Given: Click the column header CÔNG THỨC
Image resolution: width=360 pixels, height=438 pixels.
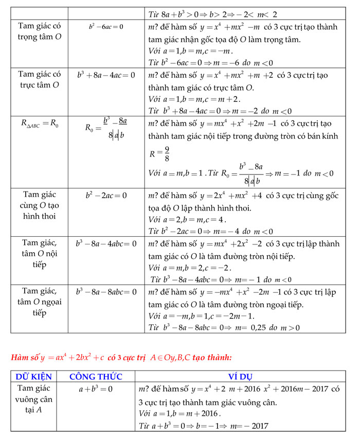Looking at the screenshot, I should [95, 376].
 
